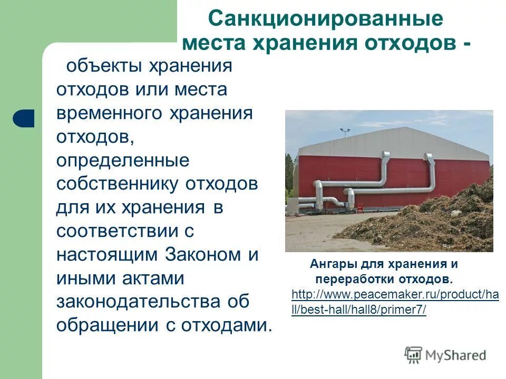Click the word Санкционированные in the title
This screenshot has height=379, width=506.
pos(326,19)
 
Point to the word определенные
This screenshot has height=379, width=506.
pos(122,161)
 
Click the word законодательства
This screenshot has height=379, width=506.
pos(137,302)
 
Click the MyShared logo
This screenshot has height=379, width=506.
pos(445,355)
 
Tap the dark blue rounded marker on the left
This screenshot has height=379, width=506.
pos(24,118)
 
